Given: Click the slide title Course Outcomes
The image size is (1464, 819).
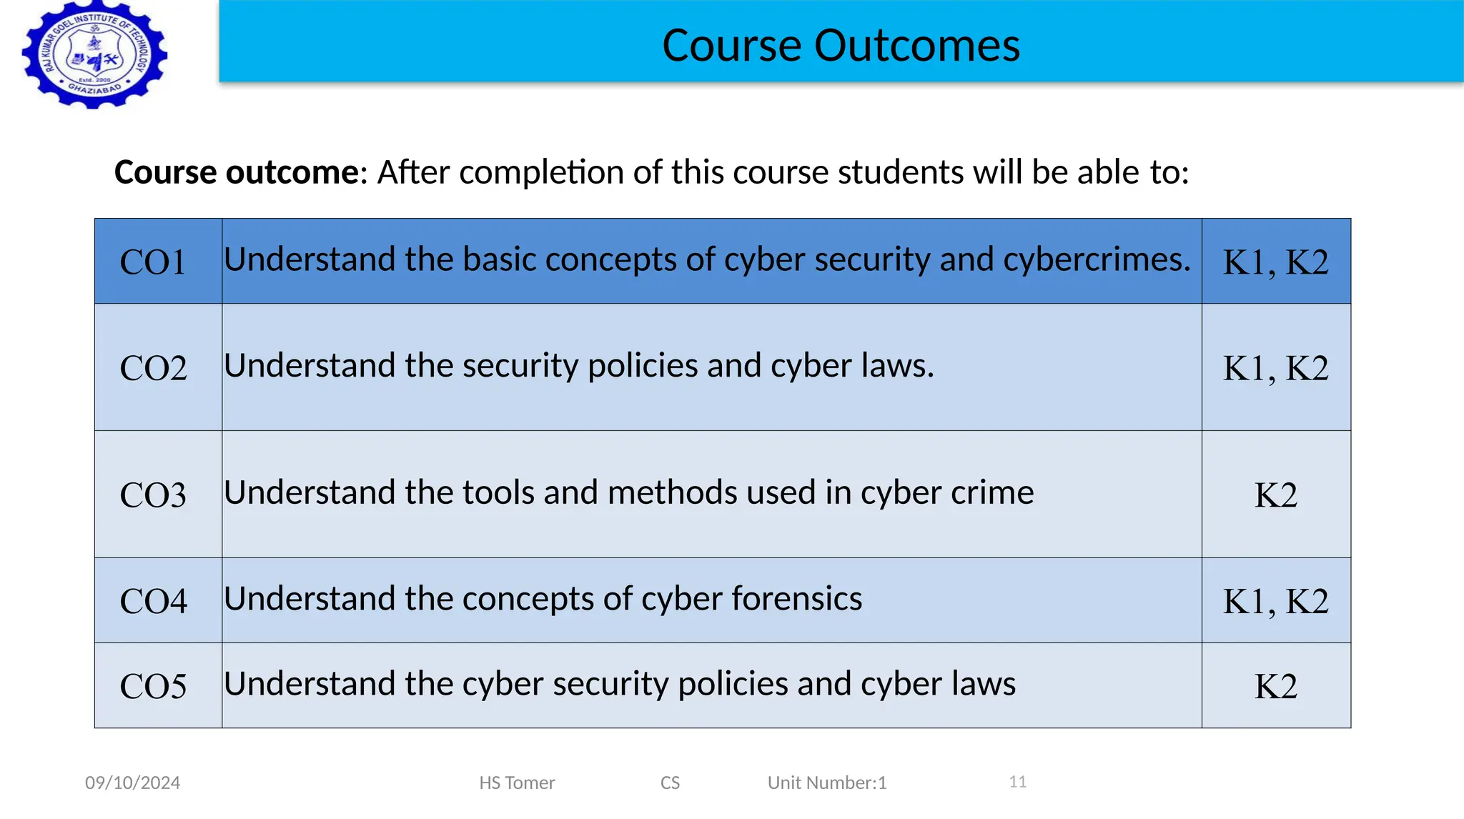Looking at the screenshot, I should tap(841, 46).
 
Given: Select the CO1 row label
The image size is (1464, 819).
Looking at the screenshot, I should tap(153, 262).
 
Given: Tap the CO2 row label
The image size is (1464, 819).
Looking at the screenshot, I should tap(153, 368).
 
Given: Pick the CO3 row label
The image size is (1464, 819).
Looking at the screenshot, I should tap(153, 495).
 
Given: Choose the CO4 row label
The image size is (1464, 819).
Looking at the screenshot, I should tap(153, 600).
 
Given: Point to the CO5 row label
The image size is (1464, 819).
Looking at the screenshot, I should tap(153, 686).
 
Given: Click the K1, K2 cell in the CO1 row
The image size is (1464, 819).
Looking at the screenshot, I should tap(1275, 262).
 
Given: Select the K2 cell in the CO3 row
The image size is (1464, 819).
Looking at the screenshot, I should tap(1275, 495).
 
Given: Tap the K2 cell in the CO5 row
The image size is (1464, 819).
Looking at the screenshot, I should tap(1275, 686).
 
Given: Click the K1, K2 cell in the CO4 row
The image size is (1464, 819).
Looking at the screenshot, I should tap(1275, 601).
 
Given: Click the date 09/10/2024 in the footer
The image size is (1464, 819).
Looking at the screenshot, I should tap(132, 783).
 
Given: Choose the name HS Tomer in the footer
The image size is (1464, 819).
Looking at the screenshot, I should tap(517, 783).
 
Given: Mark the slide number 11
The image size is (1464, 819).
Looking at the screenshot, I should tap(1018, 782).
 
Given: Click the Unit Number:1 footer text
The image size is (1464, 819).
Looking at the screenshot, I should tap(827, 783).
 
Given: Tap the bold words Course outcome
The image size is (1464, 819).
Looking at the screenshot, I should tap(237, 172).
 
